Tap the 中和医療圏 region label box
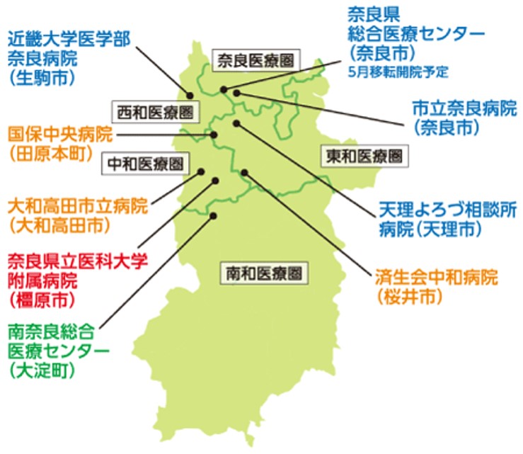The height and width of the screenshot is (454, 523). (x=146, y=164)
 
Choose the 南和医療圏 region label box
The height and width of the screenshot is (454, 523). (x=266, y=272)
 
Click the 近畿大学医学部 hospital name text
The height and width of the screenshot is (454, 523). (x=69, y=38)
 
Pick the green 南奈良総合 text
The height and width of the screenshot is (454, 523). (x=52, y=330)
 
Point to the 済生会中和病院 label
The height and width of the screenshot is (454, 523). (x=437, y=276)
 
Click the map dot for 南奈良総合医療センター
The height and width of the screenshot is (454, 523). (x=213, y=216)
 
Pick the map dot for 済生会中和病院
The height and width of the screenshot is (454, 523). (x=244, y=172)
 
